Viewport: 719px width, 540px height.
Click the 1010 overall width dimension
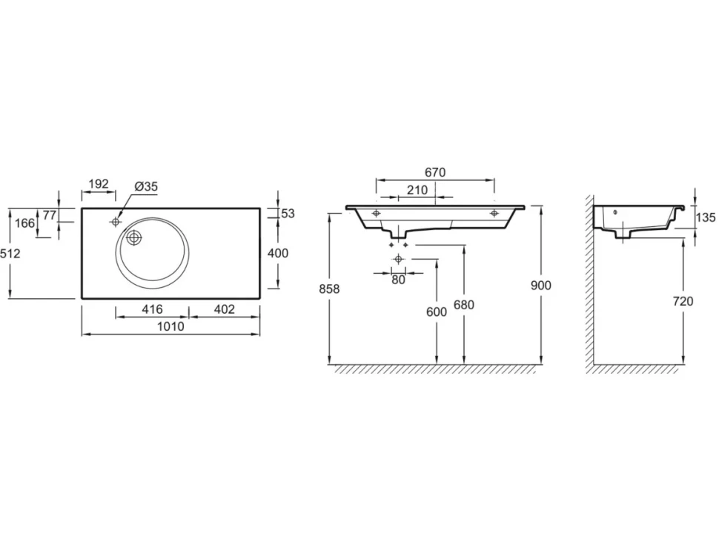pos(170,326)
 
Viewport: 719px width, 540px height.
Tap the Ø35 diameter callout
pos(146,186)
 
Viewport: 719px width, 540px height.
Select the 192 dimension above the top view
pos(99,183)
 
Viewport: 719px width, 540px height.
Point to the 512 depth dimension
pos(10,253)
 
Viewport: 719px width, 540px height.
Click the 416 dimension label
pos(152,309)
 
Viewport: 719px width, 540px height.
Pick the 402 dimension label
pos(225,309)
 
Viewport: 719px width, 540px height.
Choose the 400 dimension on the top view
pos(278,253)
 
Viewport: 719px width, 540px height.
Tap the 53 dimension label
pos(288,214)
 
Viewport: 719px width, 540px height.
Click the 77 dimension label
pos(50,214)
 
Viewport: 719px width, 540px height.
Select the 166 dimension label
pos(24,223)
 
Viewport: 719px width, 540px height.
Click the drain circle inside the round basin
pos(134,238)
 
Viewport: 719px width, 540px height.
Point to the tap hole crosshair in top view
pos(116,222)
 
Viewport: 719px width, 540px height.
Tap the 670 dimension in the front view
pos(435,172)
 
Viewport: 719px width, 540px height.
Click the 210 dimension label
pos(417,189)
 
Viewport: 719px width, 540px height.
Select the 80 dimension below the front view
pos(399,280)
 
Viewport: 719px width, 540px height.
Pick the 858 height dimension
pos(329,289)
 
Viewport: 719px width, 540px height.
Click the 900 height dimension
pos(540,286)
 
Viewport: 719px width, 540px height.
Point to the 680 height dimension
pos(463,304)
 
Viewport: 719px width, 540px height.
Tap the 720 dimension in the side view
pos(683,301)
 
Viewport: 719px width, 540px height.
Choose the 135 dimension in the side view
pos(705,217)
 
